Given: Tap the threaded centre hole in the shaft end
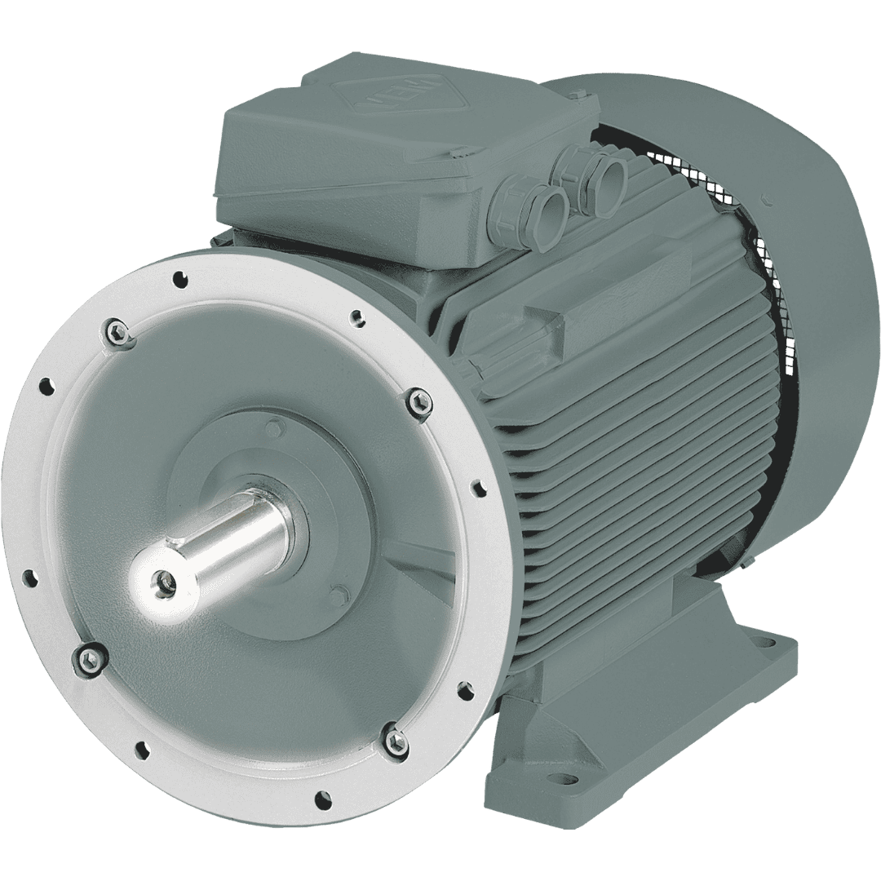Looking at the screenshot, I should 164,581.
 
